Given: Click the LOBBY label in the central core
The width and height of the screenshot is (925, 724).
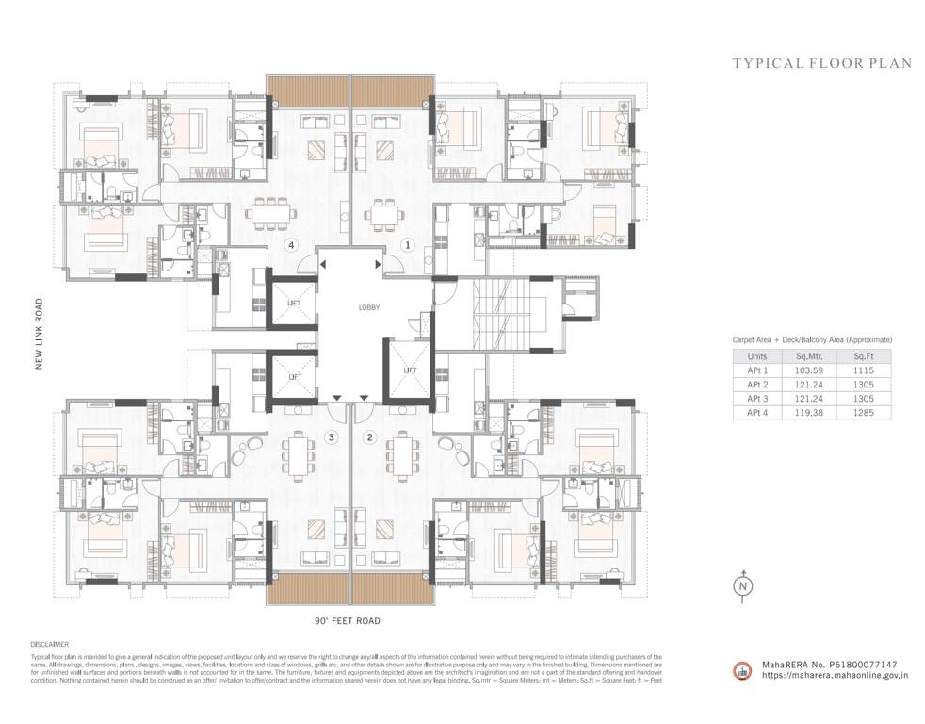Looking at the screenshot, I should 368,307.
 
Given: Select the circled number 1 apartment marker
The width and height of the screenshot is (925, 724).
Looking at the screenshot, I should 408,245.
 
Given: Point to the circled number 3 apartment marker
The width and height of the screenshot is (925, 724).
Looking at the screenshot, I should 331,436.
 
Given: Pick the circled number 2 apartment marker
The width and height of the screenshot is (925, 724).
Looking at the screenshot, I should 369,436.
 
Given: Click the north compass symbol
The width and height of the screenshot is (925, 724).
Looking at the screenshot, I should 744,585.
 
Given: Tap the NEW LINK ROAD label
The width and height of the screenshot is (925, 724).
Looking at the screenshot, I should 40,334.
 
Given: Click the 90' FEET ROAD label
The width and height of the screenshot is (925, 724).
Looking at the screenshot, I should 348,622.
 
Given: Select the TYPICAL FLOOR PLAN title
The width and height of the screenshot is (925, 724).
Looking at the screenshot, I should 822,64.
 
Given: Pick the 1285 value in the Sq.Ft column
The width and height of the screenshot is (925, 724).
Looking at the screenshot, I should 864,412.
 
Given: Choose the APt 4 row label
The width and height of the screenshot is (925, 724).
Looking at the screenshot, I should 757,412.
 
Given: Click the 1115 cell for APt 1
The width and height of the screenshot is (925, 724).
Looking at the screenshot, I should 864,370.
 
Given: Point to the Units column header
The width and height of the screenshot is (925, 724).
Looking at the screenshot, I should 757,357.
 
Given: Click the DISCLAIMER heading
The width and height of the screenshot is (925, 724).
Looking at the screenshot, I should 49,645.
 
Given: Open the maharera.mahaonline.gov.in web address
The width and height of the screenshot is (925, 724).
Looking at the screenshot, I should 835,675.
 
